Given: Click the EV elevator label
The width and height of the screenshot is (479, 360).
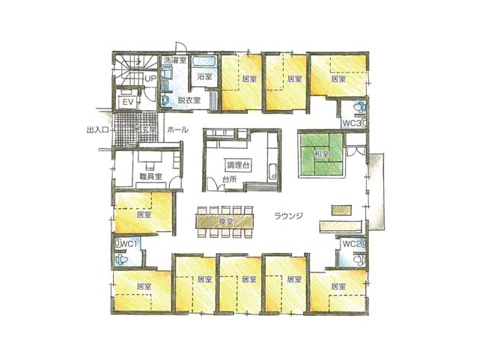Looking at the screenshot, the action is pos(128,102).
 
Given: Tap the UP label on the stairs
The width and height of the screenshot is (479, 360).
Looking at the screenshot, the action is pos(150,79).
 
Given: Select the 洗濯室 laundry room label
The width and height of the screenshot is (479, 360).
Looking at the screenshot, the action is pos(174,60).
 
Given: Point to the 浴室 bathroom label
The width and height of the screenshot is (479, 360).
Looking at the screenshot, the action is pos(204,76).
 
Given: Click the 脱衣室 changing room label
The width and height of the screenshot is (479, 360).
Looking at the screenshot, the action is pos(189,100).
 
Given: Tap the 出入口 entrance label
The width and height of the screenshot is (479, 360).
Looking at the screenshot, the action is pos(98,130).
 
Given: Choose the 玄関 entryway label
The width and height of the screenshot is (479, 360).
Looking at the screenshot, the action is pos(150,130).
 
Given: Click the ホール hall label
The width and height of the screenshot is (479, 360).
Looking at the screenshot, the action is pos(177,129).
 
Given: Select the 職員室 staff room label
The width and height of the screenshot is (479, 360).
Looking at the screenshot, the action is pos(150,177).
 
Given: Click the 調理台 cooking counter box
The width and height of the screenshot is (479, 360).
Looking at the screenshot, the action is pos(238,165).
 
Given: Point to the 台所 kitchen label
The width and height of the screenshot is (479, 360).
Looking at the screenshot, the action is pos(229,180).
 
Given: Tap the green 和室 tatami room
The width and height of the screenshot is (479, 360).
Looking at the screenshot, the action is pos(321,155).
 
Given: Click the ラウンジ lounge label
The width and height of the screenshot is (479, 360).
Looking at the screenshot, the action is pos(288,216).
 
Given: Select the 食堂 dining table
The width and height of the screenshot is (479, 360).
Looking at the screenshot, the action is pos(225,222).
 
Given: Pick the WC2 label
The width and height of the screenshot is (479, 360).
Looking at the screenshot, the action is pos(352,244).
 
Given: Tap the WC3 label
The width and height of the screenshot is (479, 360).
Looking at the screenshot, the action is pos(352,123).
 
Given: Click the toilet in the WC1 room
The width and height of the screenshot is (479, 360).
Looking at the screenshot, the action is pos(121,260).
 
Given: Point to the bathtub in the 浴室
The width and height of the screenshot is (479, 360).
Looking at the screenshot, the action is pos(204,61).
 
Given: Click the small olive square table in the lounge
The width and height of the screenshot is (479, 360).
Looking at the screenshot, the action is pos(342,210).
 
